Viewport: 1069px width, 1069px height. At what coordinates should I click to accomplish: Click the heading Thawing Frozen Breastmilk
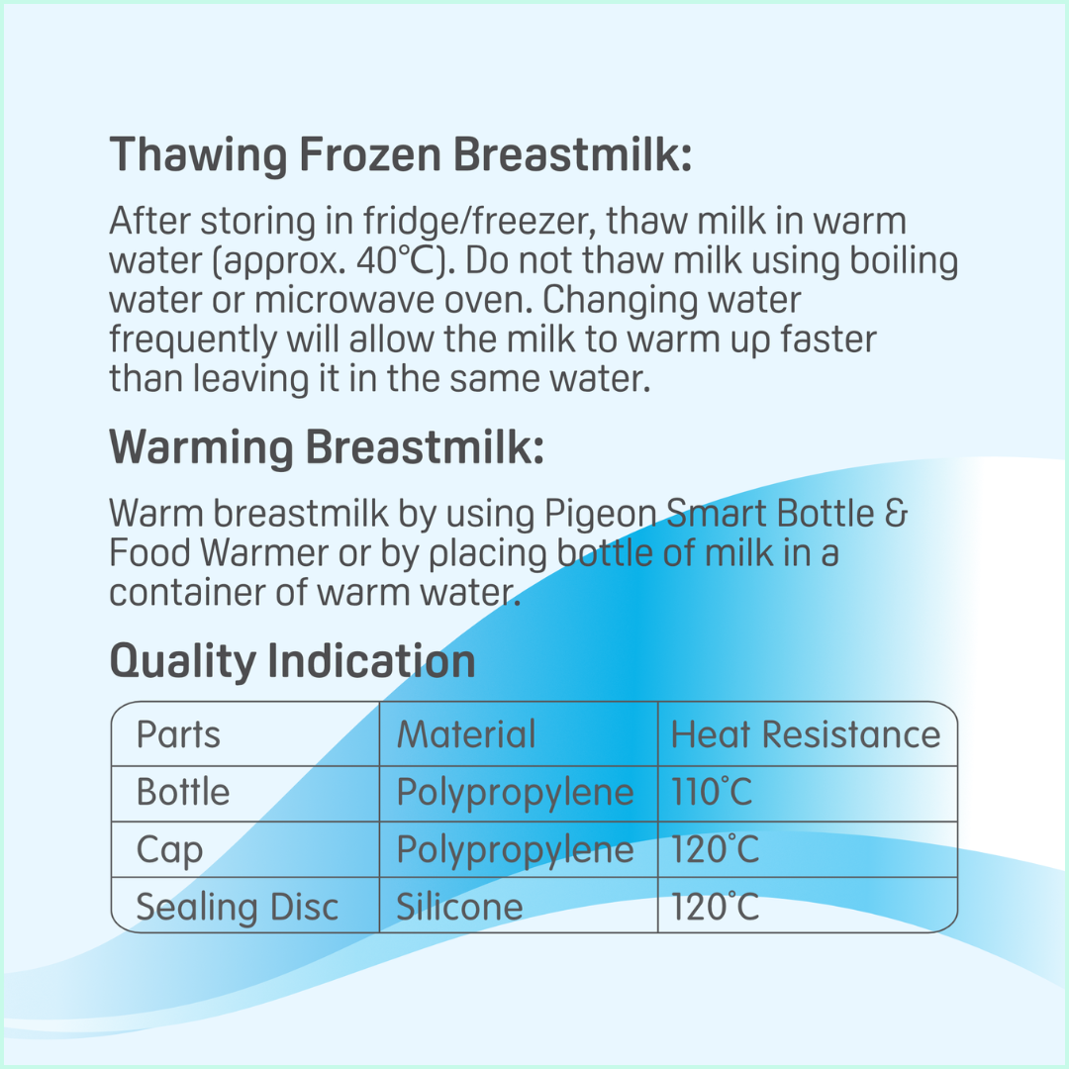(400, 156)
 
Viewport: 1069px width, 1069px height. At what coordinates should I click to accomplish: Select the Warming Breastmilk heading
(326, 448)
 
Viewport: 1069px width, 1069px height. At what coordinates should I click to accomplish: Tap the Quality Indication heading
(292, 661)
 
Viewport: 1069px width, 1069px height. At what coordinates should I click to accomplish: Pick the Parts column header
(178, 734)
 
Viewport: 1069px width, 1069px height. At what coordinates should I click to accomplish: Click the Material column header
(465, 734)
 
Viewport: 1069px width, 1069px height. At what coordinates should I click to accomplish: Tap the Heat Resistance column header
(805, 734)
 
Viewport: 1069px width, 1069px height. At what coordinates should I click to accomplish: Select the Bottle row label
(183, 792)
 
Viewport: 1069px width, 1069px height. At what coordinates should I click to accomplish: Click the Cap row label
(169, 850)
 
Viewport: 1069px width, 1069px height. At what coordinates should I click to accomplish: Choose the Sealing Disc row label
(237, 907)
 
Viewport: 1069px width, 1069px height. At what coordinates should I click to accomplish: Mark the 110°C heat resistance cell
(712, 792)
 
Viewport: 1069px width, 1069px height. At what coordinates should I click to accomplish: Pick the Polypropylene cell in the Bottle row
(515, 792)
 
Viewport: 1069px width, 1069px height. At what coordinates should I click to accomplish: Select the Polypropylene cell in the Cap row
(515, 850)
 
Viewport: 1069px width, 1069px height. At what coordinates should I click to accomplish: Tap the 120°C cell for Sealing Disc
(716, 907)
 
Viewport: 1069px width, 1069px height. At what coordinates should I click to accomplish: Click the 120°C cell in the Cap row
(716, 850)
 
